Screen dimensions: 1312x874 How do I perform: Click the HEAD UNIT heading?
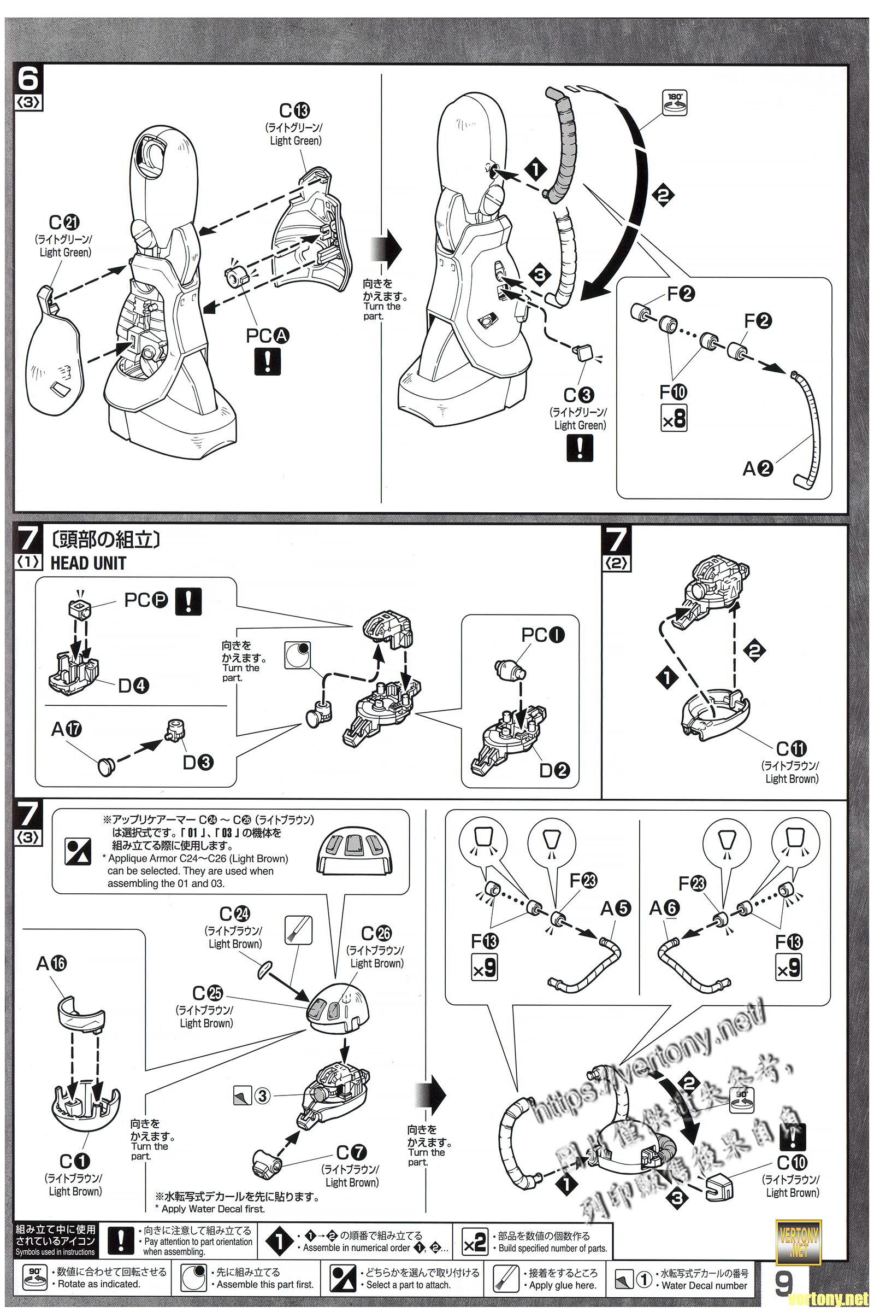pos(88,563)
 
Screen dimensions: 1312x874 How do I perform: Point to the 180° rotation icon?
pos(675,102)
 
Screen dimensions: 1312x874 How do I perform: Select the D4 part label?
pos(133,686)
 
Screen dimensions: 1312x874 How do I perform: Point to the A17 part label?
pos(66,729)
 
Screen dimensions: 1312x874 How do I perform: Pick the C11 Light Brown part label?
pos(792,748)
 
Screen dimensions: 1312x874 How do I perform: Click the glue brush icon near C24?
pos(293,929)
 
